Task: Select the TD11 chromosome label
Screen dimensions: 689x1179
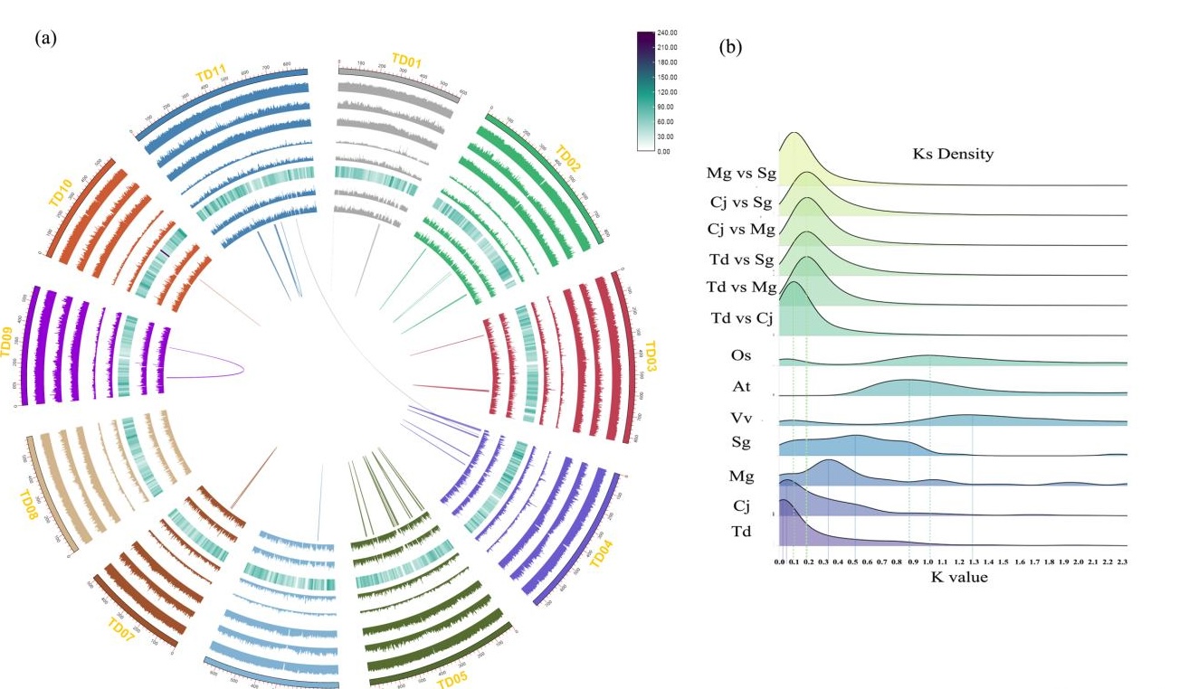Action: pos(211,71)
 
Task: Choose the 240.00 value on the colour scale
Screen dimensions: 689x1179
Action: pos(668,33)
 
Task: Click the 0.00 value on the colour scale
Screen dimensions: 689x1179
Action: pos(663,152)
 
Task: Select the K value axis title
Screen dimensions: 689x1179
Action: pos(959,577)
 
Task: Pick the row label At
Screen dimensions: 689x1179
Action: pos(742,387)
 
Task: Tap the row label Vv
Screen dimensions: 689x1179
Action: pos(743,420)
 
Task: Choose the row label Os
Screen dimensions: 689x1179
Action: pos(741,355)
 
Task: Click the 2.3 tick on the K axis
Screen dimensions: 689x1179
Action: pos(1121,562)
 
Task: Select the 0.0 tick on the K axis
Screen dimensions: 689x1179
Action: pos(780,562)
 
